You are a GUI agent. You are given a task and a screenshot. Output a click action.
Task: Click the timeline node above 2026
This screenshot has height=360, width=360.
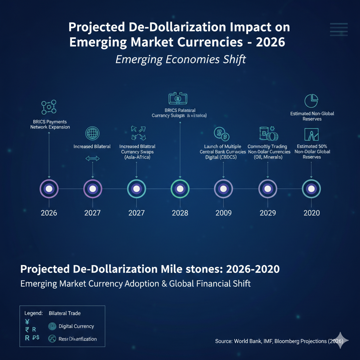point(49,189)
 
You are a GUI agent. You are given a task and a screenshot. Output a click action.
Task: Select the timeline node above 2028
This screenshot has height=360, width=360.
point(180,189)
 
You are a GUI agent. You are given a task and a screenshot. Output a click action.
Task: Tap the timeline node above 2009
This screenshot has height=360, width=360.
point(224,189)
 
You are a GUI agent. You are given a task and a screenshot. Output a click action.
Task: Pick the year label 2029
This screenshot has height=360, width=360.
point(268,213)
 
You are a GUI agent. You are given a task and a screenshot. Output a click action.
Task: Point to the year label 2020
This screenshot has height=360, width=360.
point(311,213)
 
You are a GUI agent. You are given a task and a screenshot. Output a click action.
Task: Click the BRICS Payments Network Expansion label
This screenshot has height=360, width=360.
point(50,124)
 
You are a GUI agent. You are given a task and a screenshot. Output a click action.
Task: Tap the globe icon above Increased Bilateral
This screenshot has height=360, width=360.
point(92,134)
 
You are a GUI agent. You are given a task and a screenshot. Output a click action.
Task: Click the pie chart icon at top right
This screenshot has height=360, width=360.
point(311,101)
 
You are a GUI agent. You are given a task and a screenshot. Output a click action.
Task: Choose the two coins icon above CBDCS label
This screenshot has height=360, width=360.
point(221,134)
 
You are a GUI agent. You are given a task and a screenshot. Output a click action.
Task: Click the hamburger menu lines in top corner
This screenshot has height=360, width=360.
point(339,29)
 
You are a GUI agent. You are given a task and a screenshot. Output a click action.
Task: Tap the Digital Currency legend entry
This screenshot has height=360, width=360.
point(76,326)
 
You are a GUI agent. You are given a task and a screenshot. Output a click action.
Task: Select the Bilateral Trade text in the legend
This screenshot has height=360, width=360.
point(65,313)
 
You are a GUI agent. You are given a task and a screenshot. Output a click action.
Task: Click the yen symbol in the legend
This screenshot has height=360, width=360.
point(27,321)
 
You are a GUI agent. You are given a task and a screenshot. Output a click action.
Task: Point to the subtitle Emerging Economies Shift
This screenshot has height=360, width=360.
point(181,59)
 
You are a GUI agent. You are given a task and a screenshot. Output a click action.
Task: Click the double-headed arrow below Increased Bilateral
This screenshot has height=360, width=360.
point(92,159)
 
